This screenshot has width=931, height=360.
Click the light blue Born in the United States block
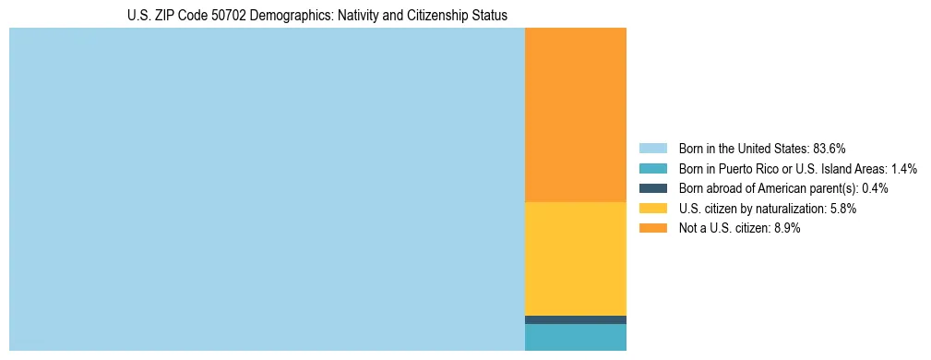(x=266, y=189)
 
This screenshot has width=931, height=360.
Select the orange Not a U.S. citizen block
(x=575, y=114)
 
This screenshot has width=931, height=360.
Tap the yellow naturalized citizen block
(x=575, y=258)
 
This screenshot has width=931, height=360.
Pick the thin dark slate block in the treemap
(x=575, y=319)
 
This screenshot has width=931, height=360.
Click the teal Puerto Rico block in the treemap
(x=575, y=337)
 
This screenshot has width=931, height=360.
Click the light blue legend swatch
(x=652, y=149)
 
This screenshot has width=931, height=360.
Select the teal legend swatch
(x=652, y=169)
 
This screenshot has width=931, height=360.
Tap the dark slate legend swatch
(x=652, y=188)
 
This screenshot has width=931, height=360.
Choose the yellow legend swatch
(x=652, y=209)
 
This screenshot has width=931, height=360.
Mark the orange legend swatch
(x=652, y=228)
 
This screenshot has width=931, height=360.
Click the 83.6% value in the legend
(x=830, y=149)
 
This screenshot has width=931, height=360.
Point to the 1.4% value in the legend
(x=904, y=169)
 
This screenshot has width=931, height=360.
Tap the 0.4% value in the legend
(x=876, y=188)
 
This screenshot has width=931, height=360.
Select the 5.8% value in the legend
(x=842, y=209)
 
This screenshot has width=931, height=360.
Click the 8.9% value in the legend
(x=786, y=228)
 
